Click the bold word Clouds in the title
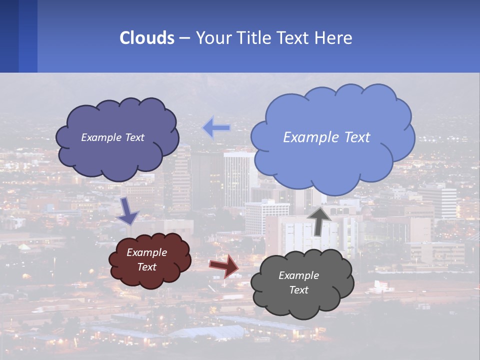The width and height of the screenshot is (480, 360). click(146, 38)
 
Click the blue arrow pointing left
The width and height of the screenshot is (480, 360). click(216, 128)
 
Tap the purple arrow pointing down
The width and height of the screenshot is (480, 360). click(128, 211)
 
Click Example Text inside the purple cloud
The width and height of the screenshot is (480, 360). click(112, 137)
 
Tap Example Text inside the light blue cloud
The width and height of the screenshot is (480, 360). click(326, 137)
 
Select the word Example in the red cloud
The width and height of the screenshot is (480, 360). click(146, 252)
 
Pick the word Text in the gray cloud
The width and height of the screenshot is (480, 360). click(298, 290)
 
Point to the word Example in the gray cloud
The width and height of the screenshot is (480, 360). click(298, 275)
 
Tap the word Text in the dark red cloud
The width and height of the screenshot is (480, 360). click(146, 267)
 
